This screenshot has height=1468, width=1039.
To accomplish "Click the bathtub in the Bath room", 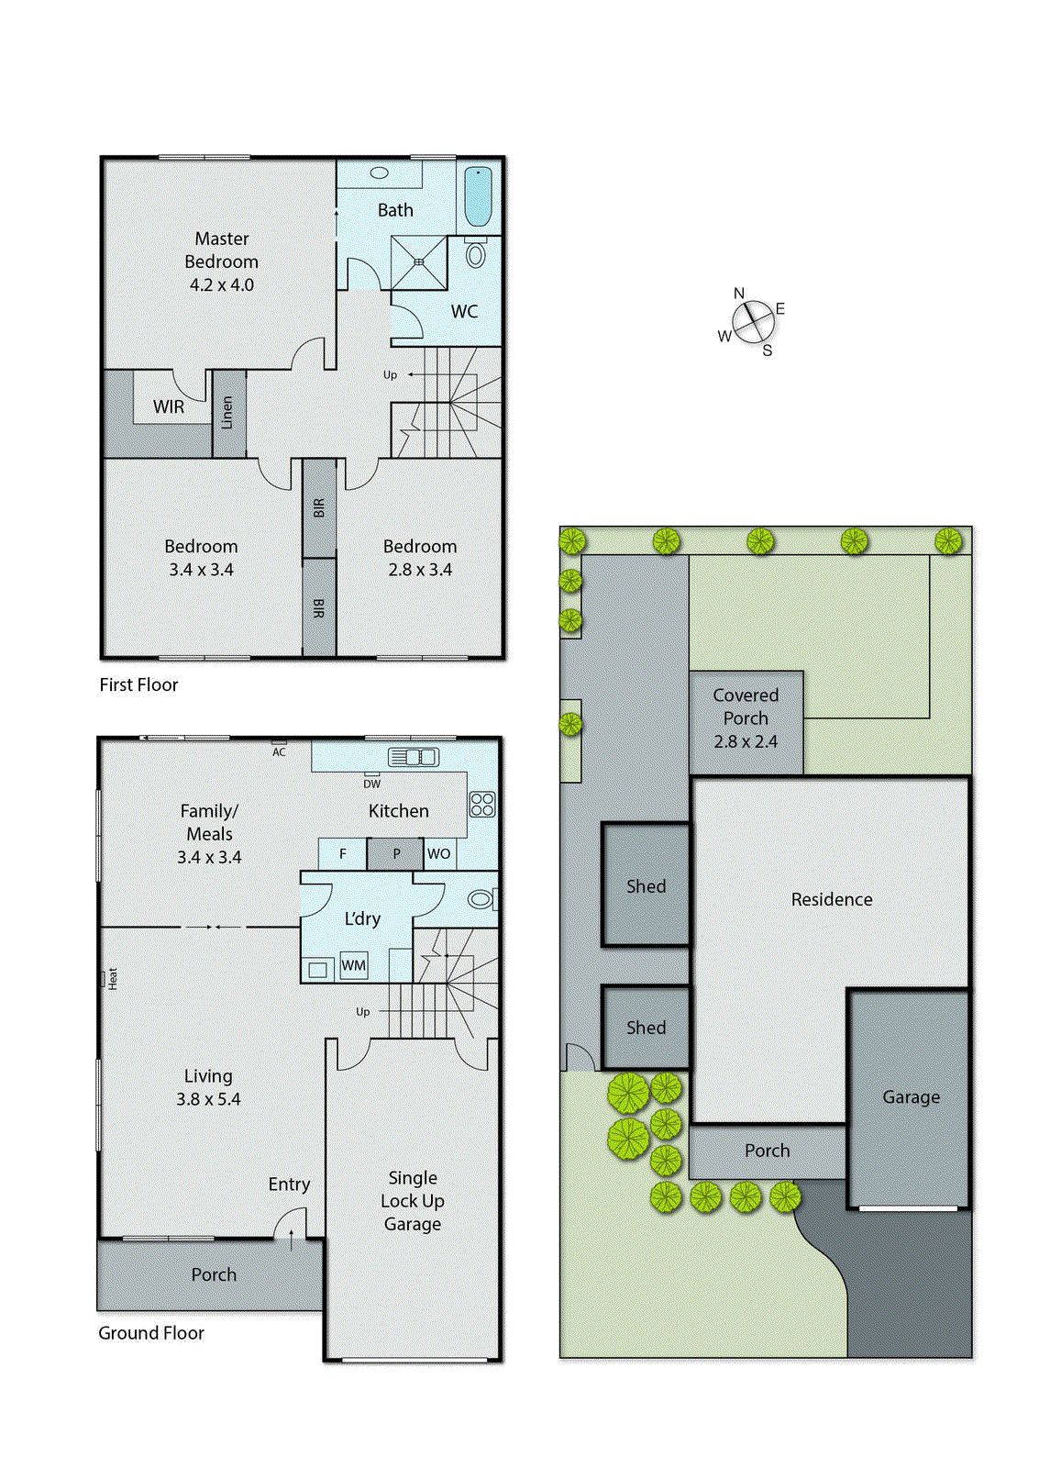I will [x=478, y=196].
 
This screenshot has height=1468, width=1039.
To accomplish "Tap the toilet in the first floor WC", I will [x=475, y=254].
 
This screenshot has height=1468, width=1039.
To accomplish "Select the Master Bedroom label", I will [x=221, y=261].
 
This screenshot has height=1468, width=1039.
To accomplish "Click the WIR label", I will [x=169, y=406].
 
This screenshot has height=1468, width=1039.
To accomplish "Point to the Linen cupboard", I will [x=228, y=413].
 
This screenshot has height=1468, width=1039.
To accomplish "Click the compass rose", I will [x=754, y=321].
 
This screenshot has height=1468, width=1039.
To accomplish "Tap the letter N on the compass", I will [x=739, y=294].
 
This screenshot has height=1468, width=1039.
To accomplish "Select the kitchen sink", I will [x=413, y=757].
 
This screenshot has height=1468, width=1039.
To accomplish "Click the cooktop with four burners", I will [x=482, y=805].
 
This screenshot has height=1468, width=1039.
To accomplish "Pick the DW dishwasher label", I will [x=371, y=784].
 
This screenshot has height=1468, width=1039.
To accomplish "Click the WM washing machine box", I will [x=354, y=965].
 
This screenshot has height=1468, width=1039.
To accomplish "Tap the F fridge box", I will [x=343, y=854].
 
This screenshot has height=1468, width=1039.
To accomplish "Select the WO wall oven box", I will [x=438, y=854].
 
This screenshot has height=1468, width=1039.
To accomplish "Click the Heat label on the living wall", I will [x=112, y=978].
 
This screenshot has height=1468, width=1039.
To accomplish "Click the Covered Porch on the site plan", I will [x=746, y=718].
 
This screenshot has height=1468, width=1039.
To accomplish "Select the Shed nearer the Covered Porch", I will [x=646, y=886].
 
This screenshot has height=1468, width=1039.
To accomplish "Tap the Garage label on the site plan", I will [x=911, y=1097].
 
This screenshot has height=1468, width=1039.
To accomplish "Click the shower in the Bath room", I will [x=419, y=262].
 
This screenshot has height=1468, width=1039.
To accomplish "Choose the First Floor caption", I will [x=138, y=685].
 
